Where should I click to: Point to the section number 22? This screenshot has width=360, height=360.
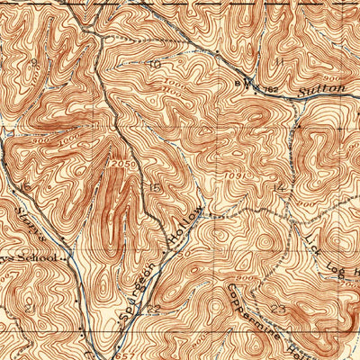pos(153,308)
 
